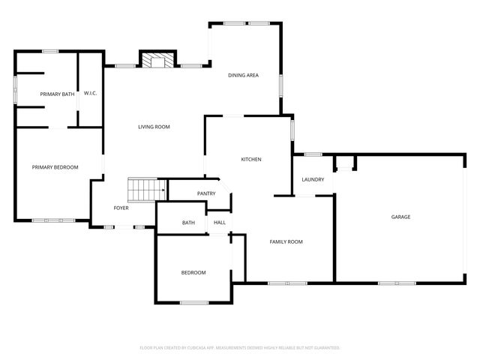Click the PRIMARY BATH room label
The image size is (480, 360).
click(x=58, y=94)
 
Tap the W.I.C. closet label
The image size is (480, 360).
click(x=91, y=93)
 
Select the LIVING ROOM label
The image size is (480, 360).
click(x=154, y=127)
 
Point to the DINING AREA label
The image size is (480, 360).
click(x=243, y=76)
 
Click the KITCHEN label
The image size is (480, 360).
click(x=250, y=159)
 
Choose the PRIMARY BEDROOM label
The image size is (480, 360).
click(x=55, y=167)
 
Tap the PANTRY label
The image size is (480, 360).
click(x=206, y=193)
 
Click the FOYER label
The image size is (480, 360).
click(x=121, y=208)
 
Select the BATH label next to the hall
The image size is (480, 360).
click(x=188, y=223)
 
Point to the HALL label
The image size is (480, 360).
click(x=220, y=223)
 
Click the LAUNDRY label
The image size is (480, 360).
click(x=313, y=180)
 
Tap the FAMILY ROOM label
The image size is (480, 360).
click(x=286, y=241)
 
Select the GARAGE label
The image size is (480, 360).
click(x=400, y=217)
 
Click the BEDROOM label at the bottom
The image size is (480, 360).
click(x=193, y=272)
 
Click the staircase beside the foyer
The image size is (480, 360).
click(x=146, y=190)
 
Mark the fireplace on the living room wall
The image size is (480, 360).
click(x=158, y=60)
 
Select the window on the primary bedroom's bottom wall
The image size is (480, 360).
click(x=49, y=220)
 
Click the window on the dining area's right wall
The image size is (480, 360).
click(x=281, y=85)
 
